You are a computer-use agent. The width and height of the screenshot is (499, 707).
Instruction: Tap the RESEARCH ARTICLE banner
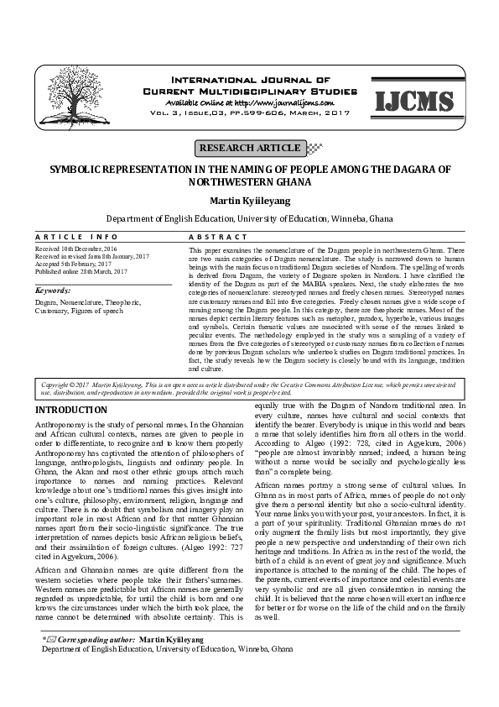pos(248,149)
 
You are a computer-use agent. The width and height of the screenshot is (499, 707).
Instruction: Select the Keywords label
pos(53,290)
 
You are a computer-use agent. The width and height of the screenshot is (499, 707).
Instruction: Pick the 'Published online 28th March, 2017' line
pos(81,271)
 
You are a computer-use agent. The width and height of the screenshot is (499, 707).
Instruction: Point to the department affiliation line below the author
pos(249,217)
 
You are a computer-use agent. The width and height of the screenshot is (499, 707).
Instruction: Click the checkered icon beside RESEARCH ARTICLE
pos(314,149)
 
